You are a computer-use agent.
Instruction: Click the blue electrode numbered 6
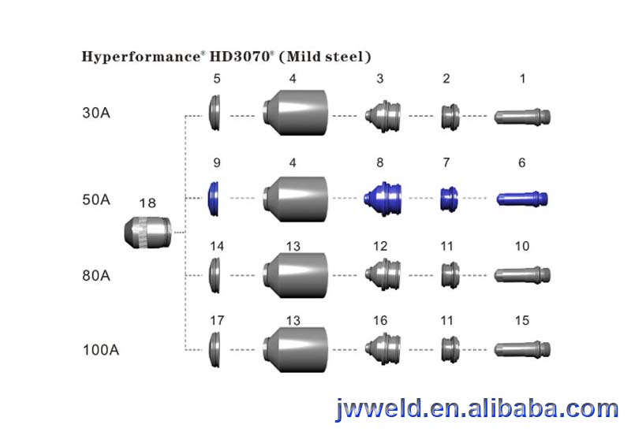point(521,198)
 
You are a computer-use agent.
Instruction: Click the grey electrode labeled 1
point(521,117)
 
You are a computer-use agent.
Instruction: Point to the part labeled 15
point(521,348)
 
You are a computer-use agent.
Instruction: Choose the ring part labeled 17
point(214,348)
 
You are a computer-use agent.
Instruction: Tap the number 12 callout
point(380,247)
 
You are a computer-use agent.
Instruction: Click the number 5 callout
point(217,79)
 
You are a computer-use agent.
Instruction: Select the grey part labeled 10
point(521,275)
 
